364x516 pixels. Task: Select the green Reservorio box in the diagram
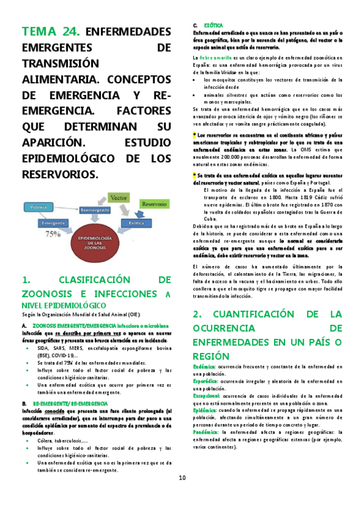pos(154,204)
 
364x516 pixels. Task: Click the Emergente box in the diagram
pos(53,223)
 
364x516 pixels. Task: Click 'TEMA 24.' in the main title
pos(50,32)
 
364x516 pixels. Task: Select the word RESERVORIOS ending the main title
pos(59,174)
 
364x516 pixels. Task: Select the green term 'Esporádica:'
pos(205,382)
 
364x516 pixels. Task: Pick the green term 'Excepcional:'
pos(207,396)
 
